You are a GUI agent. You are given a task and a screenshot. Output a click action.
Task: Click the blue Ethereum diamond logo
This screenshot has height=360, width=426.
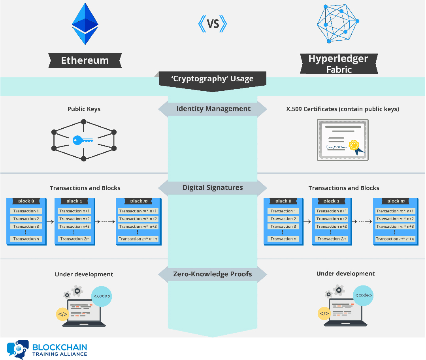click(85, 24)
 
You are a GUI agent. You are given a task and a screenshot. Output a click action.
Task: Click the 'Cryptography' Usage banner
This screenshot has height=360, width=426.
click(213, 79)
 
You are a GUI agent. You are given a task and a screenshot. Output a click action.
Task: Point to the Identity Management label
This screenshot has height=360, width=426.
click(213, 109)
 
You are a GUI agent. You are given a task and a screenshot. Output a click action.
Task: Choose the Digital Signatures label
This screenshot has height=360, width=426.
click(213, 187)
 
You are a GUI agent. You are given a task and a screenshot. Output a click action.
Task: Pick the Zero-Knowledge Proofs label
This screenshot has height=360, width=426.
click(213, 274)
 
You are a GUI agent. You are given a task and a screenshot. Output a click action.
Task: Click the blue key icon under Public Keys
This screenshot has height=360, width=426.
click(83, 140)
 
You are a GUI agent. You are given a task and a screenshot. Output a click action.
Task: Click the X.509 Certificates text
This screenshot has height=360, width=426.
click(343, 109)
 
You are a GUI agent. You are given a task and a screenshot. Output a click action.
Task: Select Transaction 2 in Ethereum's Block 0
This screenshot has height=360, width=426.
click(26, 219)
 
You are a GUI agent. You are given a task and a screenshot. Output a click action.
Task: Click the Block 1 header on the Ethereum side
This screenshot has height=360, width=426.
click(74, 201)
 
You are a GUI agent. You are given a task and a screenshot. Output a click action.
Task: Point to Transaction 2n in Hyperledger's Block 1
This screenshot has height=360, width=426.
click(332, 239)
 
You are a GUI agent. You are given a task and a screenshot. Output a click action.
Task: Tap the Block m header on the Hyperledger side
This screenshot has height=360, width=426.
click(396, 201)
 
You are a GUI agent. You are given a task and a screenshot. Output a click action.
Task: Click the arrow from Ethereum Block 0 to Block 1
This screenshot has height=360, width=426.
click(50, 222)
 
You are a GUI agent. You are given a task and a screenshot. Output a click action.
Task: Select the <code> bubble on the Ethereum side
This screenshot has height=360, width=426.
click(102, 296)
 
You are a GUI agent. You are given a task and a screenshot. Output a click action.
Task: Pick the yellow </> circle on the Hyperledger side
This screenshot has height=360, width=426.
click(324, 314)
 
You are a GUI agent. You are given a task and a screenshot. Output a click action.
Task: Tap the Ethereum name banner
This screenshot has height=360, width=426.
click(85, 61)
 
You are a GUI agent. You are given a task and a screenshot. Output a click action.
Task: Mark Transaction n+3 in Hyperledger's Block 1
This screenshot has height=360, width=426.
click(332, 227)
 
